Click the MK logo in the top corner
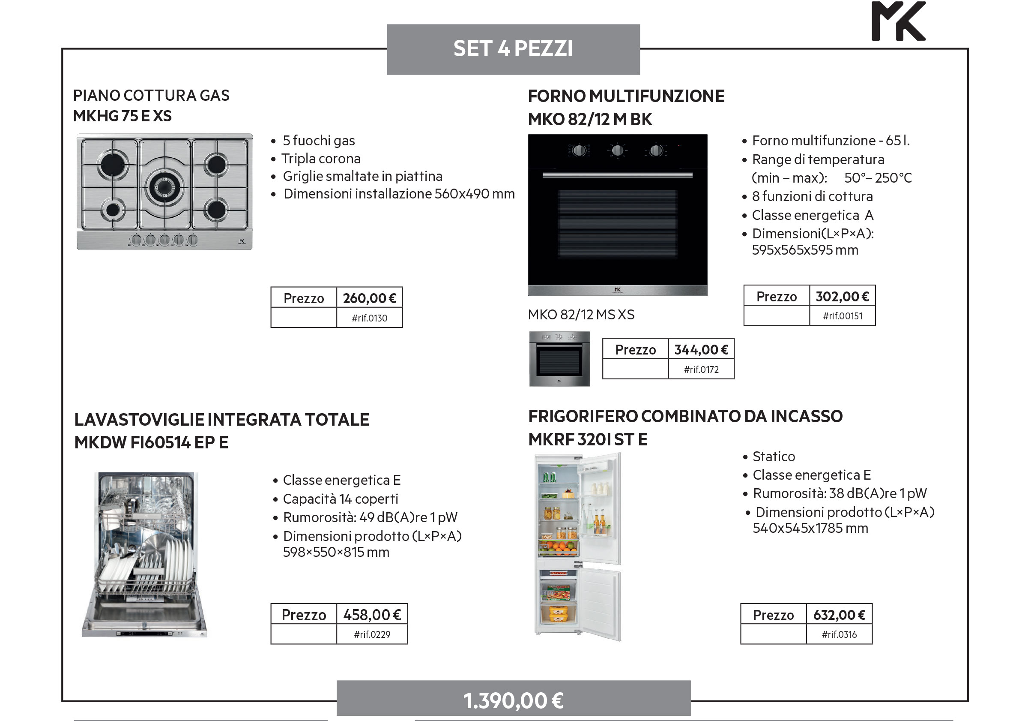(x=898, y=21)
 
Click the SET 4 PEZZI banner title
(x=513, y=48)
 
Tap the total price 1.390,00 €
(x=513, y=700)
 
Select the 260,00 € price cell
(x=369, y=298)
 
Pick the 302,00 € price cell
(x=842, y=296)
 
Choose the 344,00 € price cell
(x=701, y=349)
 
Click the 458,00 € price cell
(x=372, y=615)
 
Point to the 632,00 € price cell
(x=839, y=615)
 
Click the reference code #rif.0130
(x=369, y=318)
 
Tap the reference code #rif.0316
(x=839, y=634)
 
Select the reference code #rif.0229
(x=372, y=634)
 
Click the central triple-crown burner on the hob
(x=164, y=186)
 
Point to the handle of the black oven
(x=617, y=175)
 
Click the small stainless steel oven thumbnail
(x=559, y=359)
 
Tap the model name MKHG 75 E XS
(x=122, y=116)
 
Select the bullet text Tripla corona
(x=321, y=159)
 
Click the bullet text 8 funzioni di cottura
(x=812, y=196)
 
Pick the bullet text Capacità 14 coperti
(x=340, y=499)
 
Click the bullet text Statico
(x=774, y=457)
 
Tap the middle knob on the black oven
(x=617, y=150)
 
